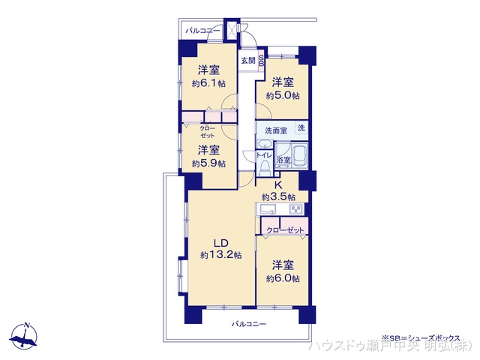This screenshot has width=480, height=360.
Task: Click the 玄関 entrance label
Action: pos(247,61)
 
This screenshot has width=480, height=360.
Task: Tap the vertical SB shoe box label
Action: pos(260,61)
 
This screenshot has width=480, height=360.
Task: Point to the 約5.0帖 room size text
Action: pos(281,95)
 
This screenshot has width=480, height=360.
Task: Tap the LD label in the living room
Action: pos(220,242)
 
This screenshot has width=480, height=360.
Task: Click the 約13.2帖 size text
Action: pos(220,255)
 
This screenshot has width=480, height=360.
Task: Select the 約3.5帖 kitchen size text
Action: pos(277,196)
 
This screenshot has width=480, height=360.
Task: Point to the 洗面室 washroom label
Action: pos(273,129)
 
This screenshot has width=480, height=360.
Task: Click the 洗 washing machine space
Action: pos(301,128)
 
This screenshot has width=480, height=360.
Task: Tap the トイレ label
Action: pos(263,154)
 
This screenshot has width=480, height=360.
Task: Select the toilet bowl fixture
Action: pos(264,168)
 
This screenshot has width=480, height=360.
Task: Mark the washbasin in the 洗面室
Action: pos(265,144)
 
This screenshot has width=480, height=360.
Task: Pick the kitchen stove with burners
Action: pos(295,208)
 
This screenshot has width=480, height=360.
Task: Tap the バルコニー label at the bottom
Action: pos(248,323)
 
